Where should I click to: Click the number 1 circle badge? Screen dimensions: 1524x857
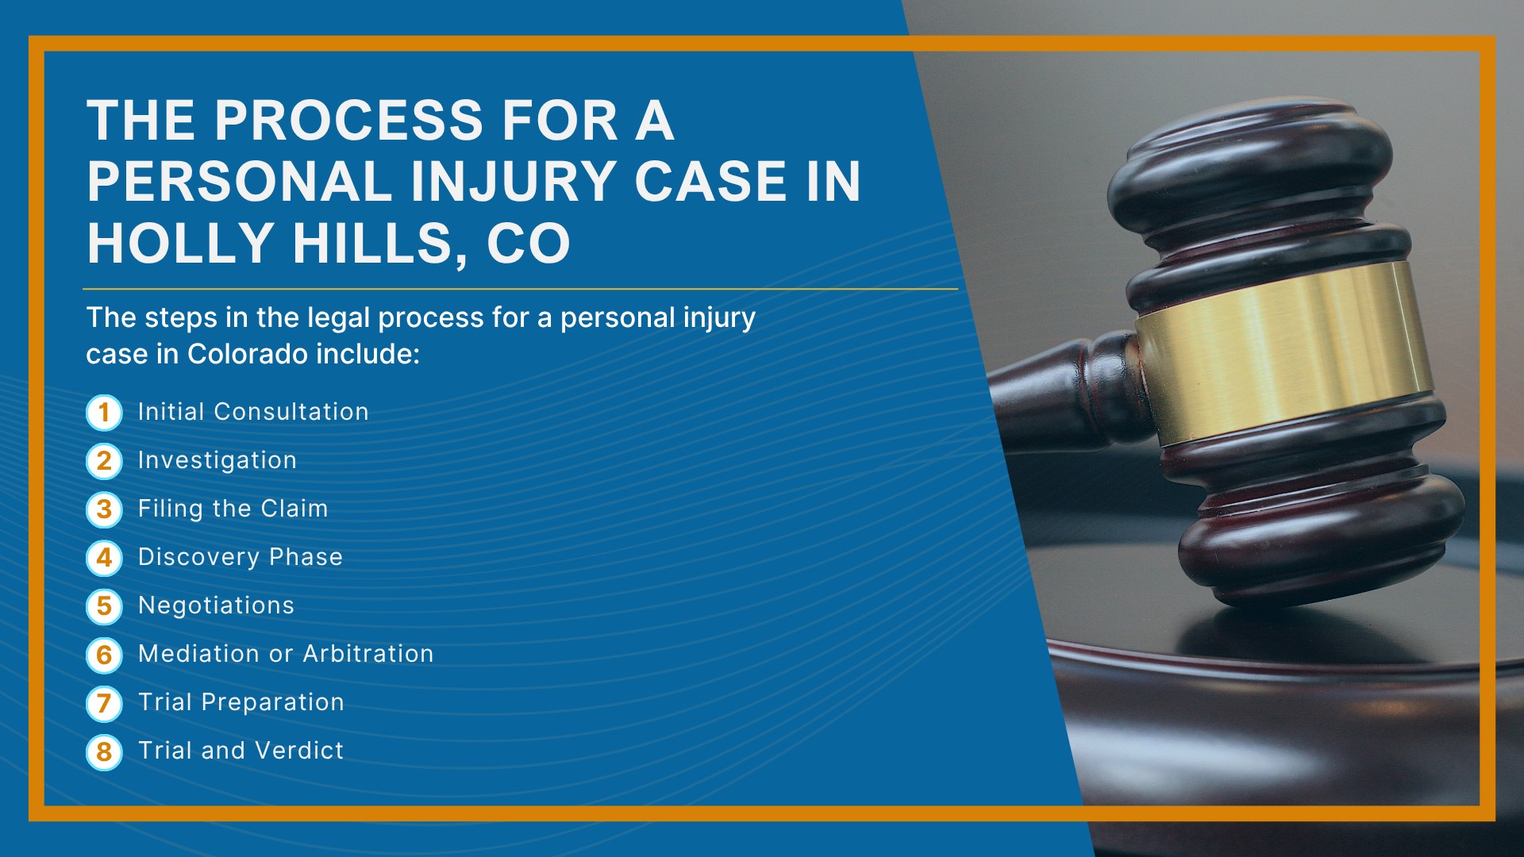pyautogui.click(x=104, y=413)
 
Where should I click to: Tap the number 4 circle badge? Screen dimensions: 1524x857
pyautogui.click(x=104, y=558)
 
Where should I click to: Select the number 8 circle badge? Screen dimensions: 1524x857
pyautogui.click(x=104, y=751)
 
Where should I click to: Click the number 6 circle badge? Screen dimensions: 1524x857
pyautogui.click(x=104, y=655)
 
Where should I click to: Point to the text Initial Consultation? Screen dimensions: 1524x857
pyautogui.click(x=253, y=412)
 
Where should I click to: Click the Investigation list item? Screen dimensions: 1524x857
pyautogui.click(x=217, y=461)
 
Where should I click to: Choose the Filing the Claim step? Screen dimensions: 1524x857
pyautogui.click(x=233, y=509)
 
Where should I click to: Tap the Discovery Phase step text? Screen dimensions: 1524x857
pyautogui.click(x=241, y=557)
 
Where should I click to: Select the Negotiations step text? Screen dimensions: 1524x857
pyautogui.click(x=216, y=605)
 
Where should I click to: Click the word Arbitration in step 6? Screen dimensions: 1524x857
pyautogui.click(x=368, y=654)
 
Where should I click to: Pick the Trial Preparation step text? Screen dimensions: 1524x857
pyautogui.click(x=241, y=702)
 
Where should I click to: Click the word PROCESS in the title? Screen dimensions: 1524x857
pyautogui.click(x=348, y=121)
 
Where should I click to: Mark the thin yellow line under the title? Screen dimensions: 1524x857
pyautogui.click(x=521, y=290)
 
